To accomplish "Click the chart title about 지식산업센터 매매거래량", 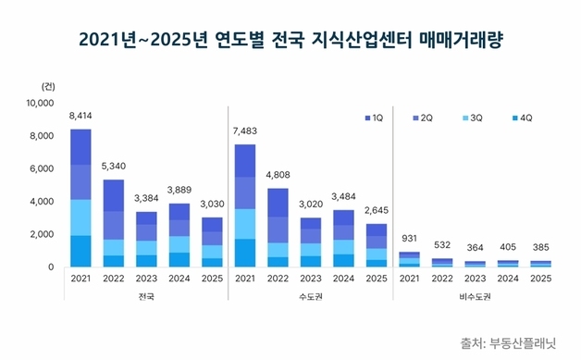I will (x=290, y=40).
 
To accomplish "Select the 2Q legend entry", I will (x=421, y=118).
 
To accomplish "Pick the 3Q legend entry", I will (x=471, y=118).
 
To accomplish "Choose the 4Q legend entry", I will (x=521, y=118).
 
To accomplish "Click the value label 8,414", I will (x=80, y=117).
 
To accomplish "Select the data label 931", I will (x=410, y=240).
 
